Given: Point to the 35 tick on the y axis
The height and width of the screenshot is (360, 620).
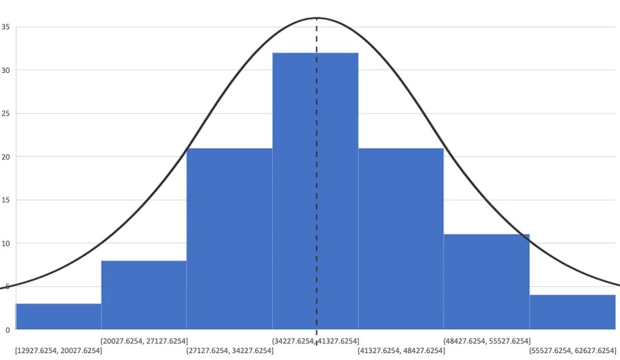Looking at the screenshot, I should [6, 27].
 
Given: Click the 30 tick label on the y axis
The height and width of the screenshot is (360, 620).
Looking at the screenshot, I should [6, 70].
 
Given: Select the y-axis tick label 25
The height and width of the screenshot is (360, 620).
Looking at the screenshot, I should [6, 114].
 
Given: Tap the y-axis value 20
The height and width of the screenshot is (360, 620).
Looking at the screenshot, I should [6, 157].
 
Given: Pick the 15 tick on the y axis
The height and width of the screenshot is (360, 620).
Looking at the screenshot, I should [6, 200].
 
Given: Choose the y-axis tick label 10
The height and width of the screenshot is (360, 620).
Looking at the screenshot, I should [6, 244].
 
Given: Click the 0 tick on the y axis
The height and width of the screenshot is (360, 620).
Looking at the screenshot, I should [8, 330].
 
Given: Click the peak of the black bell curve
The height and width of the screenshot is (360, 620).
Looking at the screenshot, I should [317, 18].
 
